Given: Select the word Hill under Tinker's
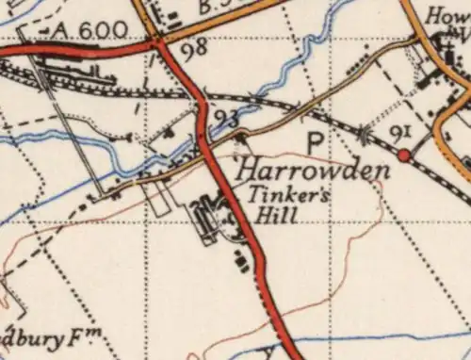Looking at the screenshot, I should pyautogui.click(x=280, y=216).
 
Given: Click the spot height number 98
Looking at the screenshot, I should pyautogui.click(x=195, y=49).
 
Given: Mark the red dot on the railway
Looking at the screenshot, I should pyautogui.click(x=404, y=155).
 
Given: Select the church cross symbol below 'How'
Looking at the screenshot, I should pyautogui.click(x=440, y=40).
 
